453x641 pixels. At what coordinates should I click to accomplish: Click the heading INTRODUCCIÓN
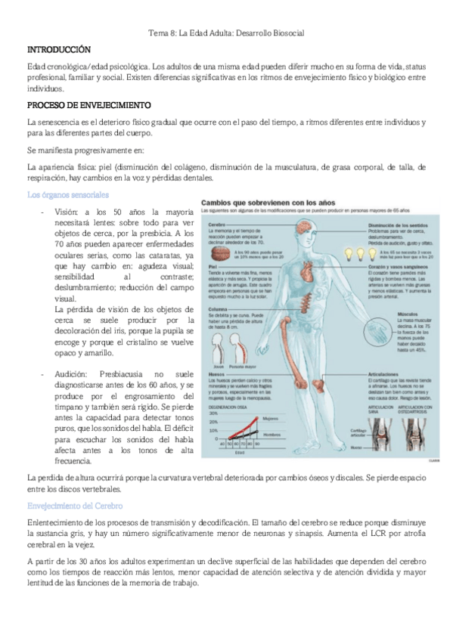(x=58, y=48)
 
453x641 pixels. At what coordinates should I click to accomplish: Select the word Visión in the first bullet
(x=67, y=212)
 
